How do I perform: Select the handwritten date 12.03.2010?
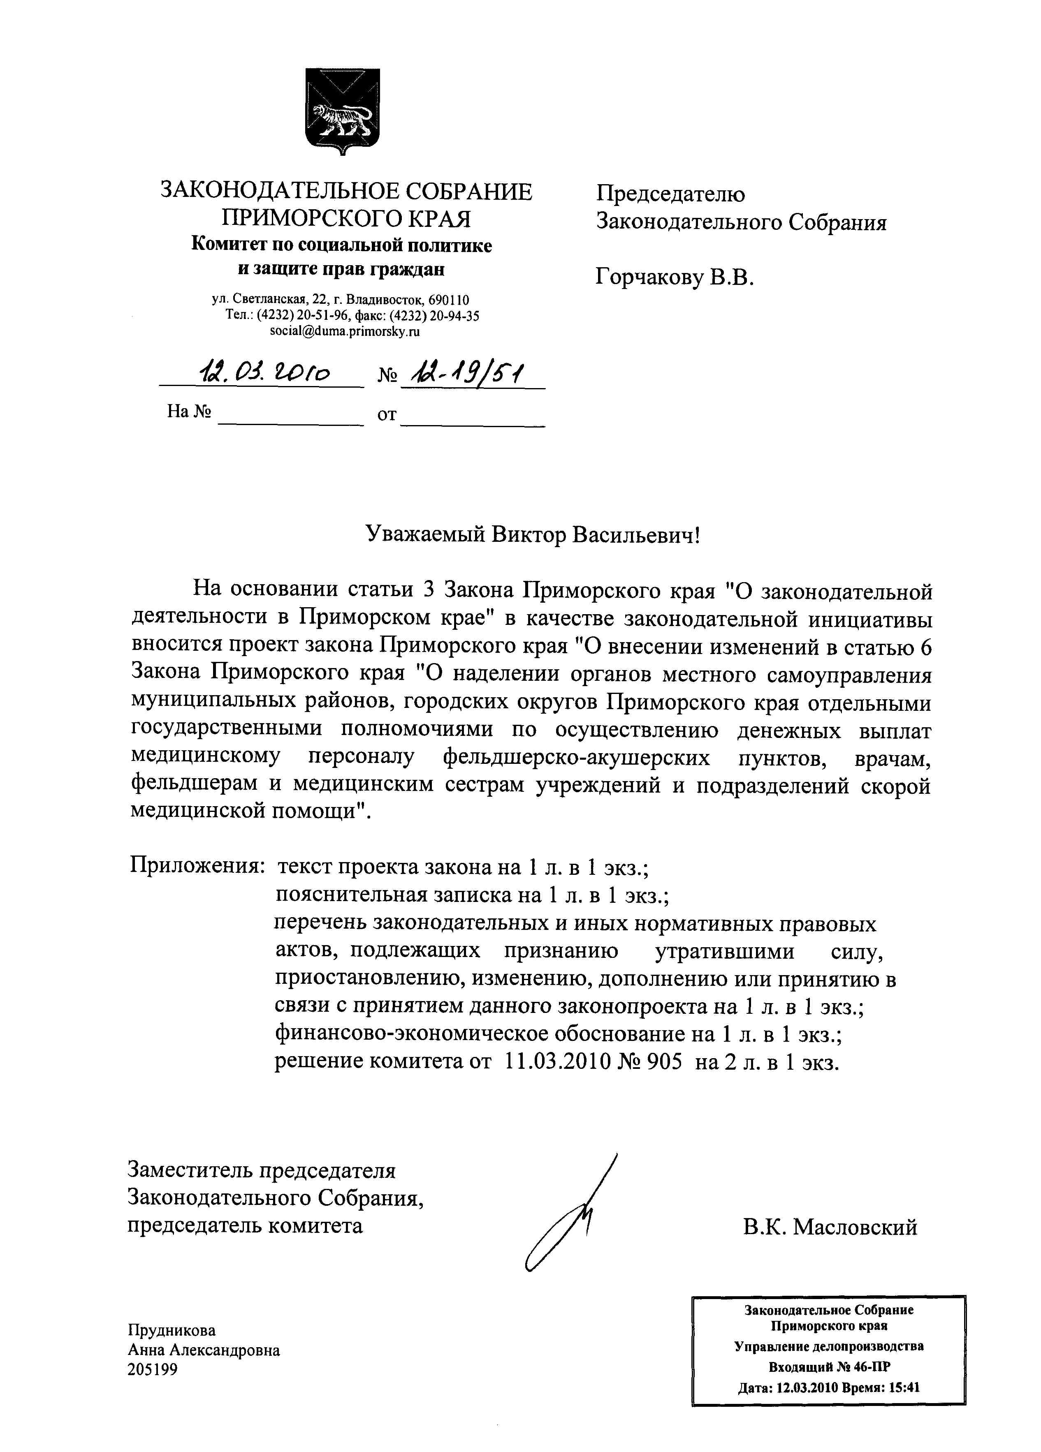pyautogui.click(x=265, y=372)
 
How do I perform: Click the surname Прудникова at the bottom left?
pyautogui.click(x=172, y=1330)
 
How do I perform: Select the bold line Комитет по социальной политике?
pyautogui.click(x=341, y=245)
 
